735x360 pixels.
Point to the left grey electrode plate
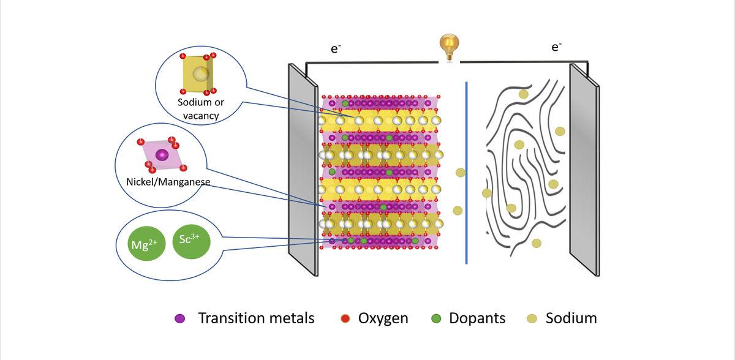pyautogui.click(x=303, y=168)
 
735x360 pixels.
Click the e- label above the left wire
pyautogui.click(x=336, y=49)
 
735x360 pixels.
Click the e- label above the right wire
pyautogui.click(x=556, y=47)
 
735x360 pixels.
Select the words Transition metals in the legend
pyautogui.click(x=256, y=318)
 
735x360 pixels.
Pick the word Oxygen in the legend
pyautogui.click(x=383, y=318)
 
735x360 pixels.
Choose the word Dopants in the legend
pyautogui.click(x=477, y=318)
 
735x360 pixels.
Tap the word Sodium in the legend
pyautogui.click(x=571, y=318)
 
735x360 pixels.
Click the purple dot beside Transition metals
pyautogui.click(x=180, y=319)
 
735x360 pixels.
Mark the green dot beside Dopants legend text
pyautogui.click(x=436, y=319)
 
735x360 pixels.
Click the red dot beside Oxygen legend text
pyautogui.click(x=344, y=319)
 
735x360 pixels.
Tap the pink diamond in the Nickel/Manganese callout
pyautogui.click(x=161, y=154)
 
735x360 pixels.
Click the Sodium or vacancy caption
pyautogui.click(x=198, y=108)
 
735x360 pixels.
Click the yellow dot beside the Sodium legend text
pyautogui.click(x=532, y=319)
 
